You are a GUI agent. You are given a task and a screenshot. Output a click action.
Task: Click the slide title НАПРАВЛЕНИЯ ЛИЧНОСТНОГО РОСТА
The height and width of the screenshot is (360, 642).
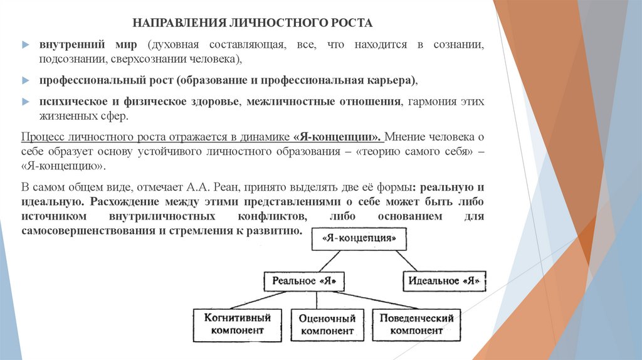click(252, 23)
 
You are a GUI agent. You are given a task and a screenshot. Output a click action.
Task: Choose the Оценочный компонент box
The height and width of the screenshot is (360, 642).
click(326, 324)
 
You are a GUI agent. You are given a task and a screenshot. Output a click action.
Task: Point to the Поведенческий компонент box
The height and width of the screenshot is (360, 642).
click(416, 324)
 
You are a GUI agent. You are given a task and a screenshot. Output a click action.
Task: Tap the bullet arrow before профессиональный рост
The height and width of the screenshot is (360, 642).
click(25, 82)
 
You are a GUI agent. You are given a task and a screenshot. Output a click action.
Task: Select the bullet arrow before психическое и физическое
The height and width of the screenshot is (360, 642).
click(25, 102)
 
